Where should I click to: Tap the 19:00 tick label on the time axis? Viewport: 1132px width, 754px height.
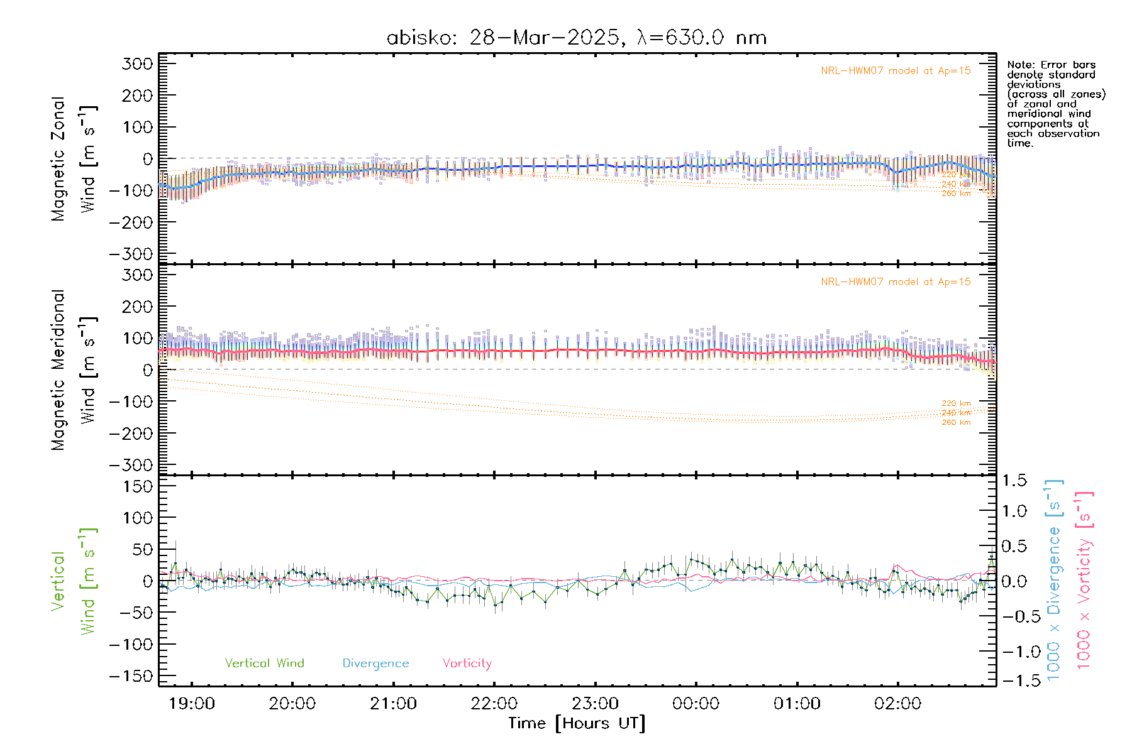click(x=192, y=703)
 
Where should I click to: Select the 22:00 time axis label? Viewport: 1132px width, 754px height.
click(x=494, y=703)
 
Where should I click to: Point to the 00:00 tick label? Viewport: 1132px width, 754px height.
click(x=696, y=703)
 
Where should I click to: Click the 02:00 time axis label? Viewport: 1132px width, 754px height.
click(x=897, y=703)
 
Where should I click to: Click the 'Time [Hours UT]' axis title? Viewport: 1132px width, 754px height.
click(x=576, y=723)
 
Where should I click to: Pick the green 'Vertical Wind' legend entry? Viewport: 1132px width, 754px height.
click(x=264, y=663)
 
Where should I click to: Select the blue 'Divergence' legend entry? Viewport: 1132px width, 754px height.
click(x=375, y=663)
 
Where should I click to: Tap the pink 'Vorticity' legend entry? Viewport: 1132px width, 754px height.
click(x=467, y=663)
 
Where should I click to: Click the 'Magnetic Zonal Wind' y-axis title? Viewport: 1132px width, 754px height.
click(x=74, y=158)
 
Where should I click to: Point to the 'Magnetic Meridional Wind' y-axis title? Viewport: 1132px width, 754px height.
click(x=74, y=369)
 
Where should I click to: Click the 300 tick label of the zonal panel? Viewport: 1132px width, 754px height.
click(x=137, y=63)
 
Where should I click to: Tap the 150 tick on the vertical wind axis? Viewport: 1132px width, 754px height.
click(x=137, y=486)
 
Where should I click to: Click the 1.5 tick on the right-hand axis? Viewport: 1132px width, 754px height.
click(x=1014, y=481)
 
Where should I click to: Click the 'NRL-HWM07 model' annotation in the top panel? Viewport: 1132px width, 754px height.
click(x=896, y=70)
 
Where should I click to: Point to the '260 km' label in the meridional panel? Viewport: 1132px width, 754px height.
click(x=956, y=422)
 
